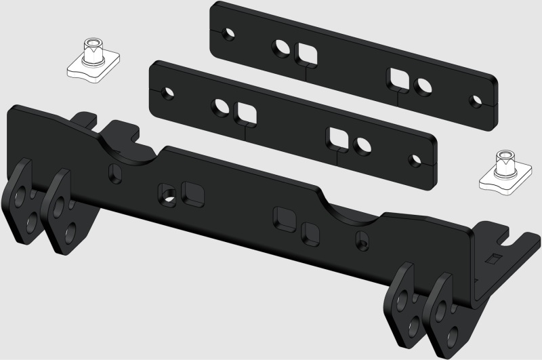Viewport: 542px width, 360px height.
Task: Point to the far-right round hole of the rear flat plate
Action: tap(472, 98)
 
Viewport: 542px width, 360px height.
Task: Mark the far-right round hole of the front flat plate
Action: tap(413, 161)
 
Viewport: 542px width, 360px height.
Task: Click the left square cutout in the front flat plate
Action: tap(245, 111)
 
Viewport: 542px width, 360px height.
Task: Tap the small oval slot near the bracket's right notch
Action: tap(363, 239)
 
